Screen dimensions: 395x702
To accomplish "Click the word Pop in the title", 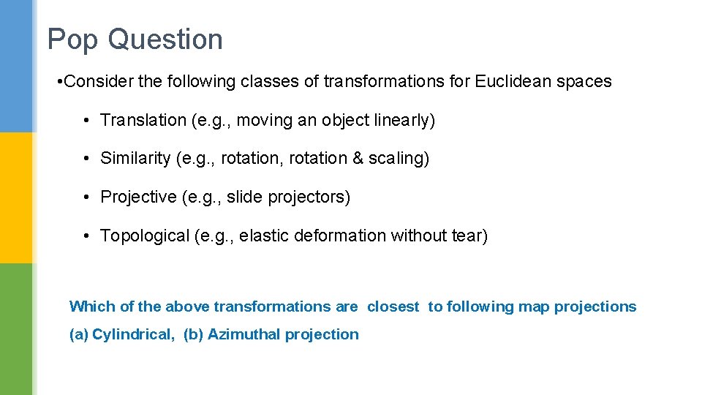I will click(73, 39).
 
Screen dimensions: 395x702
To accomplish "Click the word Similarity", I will click(135, 159).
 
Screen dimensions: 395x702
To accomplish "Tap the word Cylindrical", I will click(133, 334).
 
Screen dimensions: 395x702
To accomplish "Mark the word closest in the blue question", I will click(393, 306).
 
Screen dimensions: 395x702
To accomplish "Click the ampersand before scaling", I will click(358, 159).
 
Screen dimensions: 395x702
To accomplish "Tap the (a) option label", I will click(78, 334).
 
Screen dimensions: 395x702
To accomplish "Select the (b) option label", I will click(193, 334).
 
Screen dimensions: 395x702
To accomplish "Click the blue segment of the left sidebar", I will click(16, 66).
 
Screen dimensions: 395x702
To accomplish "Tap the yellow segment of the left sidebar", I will click(16, 197).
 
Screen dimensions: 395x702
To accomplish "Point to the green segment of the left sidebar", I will click(16, 329).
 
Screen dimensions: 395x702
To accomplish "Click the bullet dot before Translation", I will click(86, 121).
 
